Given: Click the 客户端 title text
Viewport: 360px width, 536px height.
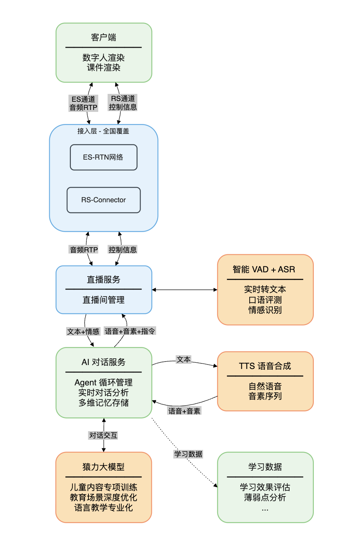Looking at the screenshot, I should pos(103,38).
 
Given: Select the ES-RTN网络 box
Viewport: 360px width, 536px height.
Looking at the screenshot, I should pos(103,157).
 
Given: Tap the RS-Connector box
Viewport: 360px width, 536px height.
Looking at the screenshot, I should pos(103,200).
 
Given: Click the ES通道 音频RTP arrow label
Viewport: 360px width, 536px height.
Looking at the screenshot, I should pos(83,103).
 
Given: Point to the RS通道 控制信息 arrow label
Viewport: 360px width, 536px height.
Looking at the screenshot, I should pos(123,103).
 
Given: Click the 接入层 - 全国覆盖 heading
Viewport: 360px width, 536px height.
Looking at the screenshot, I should pos(103,131).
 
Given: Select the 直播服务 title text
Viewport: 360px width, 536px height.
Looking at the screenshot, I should pos(103,280).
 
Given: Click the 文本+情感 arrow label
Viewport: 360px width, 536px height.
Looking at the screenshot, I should pos(83,332).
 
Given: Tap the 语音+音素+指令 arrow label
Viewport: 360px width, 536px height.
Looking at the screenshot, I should pos(130,331).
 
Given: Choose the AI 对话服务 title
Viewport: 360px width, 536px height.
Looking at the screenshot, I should pos(103,362).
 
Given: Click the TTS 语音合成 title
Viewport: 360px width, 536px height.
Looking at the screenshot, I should pos(265,366).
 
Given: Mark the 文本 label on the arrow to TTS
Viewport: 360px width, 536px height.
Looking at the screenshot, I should pos(184,360).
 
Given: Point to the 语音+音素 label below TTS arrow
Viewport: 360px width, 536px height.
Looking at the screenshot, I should pos(184,411).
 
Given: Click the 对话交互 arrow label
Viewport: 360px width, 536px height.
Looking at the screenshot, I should pos(103,435).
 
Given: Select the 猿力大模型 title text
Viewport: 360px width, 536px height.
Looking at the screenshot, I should pos(103,467).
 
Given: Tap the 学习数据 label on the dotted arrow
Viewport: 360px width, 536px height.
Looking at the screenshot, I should pos(188,454).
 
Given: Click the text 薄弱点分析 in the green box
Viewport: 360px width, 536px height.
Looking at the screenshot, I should pos(265,498).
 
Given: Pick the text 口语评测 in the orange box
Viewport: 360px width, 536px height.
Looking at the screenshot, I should pos(265,300).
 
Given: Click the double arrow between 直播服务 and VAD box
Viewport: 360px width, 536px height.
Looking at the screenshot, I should pos(184,290).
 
